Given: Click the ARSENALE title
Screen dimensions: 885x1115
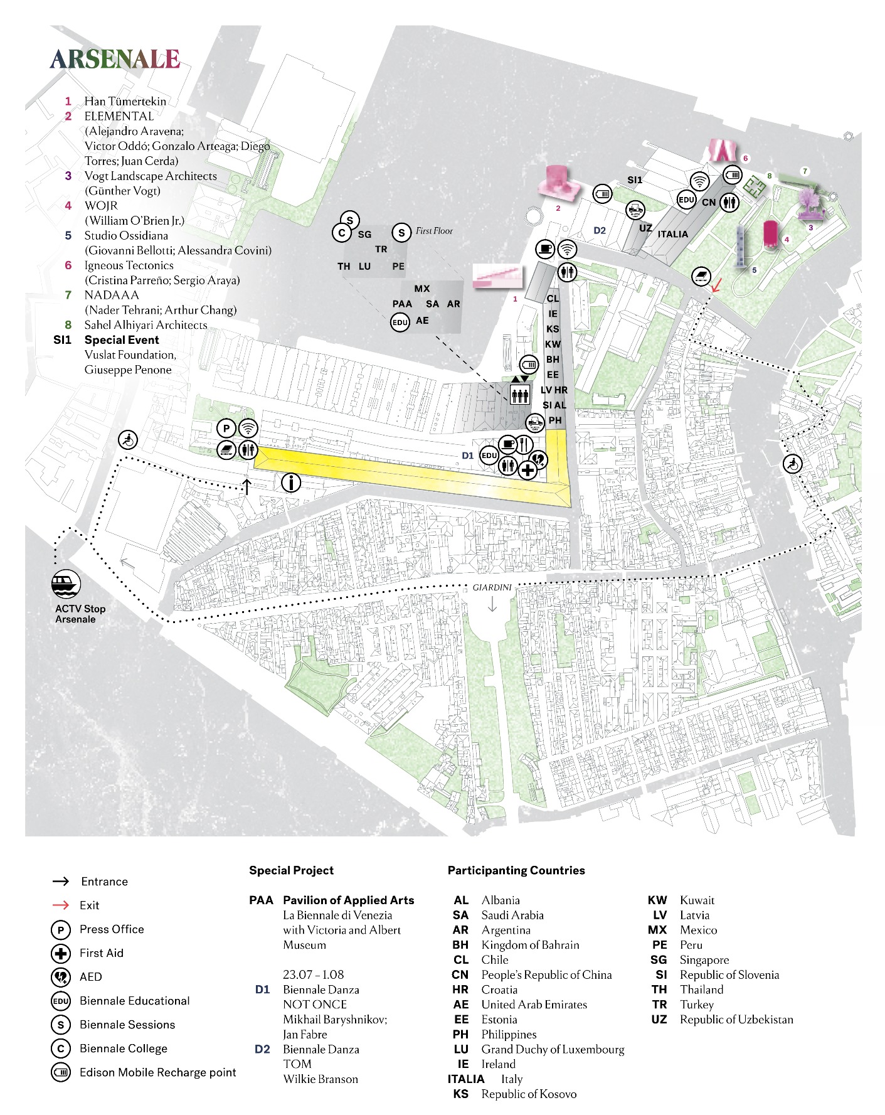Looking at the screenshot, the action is [x=115, y=60].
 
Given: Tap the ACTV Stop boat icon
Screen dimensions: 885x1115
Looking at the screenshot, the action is [x=66, y=584].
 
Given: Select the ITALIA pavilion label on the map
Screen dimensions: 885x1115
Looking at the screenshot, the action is [x=672, y=234].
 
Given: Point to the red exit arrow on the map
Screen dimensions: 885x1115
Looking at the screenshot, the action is [x=716, y=285].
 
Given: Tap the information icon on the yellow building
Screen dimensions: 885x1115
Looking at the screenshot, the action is [x=290, y=483].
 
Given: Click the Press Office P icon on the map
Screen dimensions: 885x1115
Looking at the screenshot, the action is [x=226, y=429].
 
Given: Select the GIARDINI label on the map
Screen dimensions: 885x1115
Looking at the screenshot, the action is [x=492, y=587].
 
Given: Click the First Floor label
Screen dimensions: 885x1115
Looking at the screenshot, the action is [x=434, y=231].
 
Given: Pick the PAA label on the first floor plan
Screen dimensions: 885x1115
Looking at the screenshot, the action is [x=402, y=304].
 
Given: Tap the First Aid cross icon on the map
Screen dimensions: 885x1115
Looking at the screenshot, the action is [x=527, y=470].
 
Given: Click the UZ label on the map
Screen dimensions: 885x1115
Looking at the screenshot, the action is [x=645, y=228].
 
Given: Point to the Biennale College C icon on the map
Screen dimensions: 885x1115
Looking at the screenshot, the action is [x=341, y=233].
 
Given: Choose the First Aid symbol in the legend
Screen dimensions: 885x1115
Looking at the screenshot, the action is [x=61, y=954].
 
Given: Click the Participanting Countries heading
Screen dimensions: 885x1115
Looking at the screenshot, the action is [x=516, y=870].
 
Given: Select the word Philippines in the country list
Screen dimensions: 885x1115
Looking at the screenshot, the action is [x=509, y=1034].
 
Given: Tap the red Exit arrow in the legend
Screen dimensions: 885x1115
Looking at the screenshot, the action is [x=61, y=905].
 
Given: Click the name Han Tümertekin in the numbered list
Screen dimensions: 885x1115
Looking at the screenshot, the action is [x=125, y=101].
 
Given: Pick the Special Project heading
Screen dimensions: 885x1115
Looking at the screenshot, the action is [x=291, y=870].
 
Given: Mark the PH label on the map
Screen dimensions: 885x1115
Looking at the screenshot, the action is [x=555, y=420].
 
